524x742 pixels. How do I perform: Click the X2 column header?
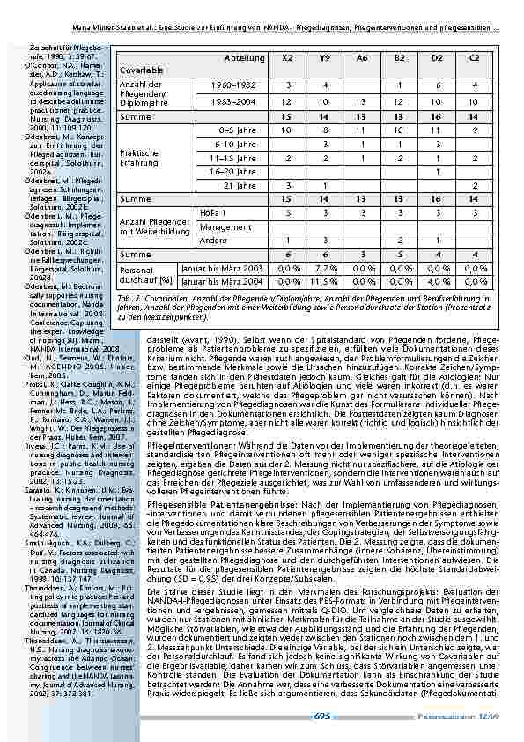coord(288,57)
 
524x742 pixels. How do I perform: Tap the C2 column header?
coord(475,57)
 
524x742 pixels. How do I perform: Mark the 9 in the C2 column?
coord(475,130)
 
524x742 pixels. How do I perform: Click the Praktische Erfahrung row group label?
coord(139,157)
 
